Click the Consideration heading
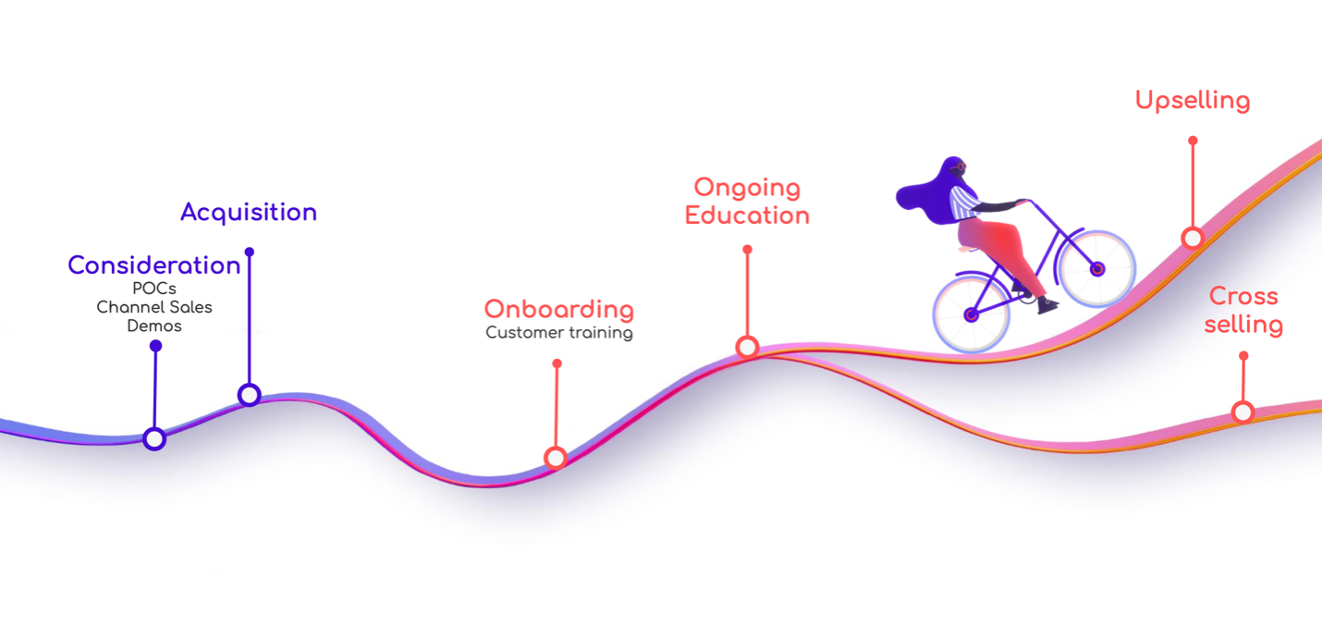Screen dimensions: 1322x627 coord(154,265)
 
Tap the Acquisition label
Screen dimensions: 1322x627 coord(249,213)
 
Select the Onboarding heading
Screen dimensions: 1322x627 coord(559,310)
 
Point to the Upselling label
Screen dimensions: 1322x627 coord(1193,101)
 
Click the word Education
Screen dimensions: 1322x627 coord(747,215)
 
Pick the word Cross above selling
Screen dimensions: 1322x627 coord(1243,296)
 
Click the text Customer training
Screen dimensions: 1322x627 coord(559,333)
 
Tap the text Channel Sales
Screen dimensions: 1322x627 coord(154,307)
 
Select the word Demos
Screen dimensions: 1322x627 coord(154,326)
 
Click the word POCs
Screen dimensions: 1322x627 coord(154,289)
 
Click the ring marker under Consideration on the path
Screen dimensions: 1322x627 coord(154,439)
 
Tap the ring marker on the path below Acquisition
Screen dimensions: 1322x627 coord(250,394)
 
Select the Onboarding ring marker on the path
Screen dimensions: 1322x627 coord(556,458)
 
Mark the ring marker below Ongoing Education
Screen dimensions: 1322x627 coord(747,347)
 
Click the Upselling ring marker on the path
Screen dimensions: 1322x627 coord(1193,238)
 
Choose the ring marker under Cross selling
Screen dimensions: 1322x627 coord(1242,412)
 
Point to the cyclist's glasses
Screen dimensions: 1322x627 coord(960,167)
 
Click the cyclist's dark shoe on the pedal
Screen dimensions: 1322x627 coord(1048,305)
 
